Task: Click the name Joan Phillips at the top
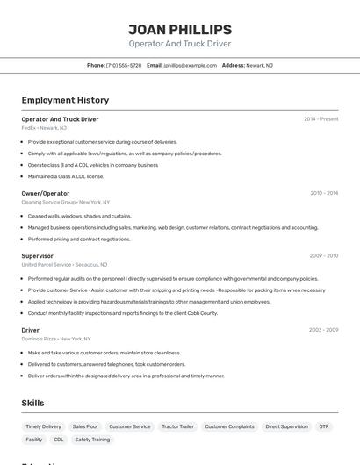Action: click(180, 30)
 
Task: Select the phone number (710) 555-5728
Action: click(123, 65)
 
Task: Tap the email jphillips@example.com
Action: click(190, 65)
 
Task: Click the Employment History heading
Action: click(65, 100)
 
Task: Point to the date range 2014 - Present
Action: click(321, 119)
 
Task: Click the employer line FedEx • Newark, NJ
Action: click(44, 128)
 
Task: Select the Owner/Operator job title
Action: click(46, 193)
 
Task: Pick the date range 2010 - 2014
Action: click(324, 193)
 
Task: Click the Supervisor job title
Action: click(38, 256)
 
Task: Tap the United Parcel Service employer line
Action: click(64, 264)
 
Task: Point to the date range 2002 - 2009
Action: click(324, 330)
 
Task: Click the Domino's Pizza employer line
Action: click(56, 339)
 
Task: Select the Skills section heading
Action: click(33, 403)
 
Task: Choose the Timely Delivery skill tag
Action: click(44, 426)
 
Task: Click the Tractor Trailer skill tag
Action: click(177, 426)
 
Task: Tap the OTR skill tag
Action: click(324, 426)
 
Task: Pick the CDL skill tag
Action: click(59, 440)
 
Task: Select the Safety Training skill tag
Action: click(92, 440)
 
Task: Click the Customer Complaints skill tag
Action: click(229, 426)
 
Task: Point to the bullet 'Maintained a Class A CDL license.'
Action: click(66, 176)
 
